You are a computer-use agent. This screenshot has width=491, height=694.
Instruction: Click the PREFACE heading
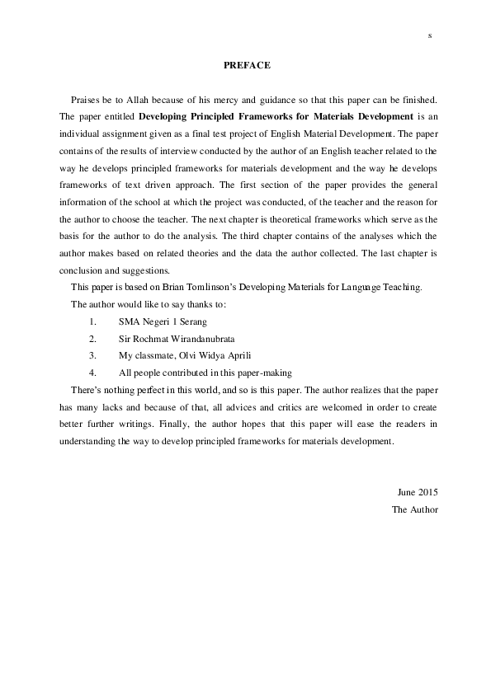[x=247, y=65]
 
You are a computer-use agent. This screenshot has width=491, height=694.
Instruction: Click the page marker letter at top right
[x=430, y=35]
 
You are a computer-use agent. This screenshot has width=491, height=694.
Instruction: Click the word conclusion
[x=80, y=270]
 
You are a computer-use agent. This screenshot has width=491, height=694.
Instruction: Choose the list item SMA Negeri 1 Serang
[x=163, y=321]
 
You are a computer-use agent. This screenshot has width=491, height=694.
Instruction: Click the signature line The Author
[x=414, y=509]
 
